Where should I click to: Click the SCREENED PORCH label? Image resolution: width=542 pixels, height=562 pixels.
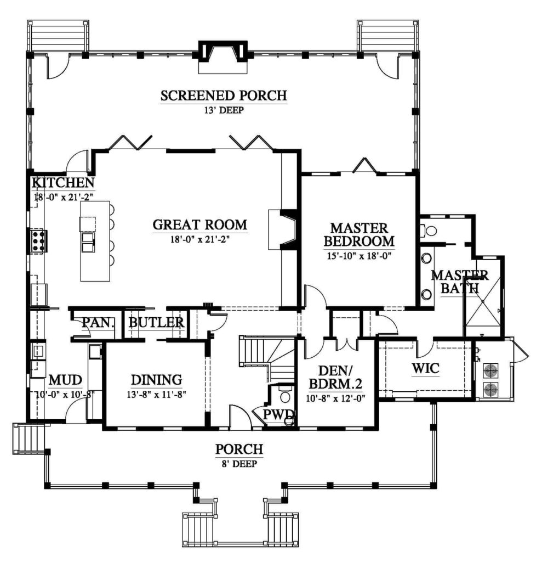tap(224, 95)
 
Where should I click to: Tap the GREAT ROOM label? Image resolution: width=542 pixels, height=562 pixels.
tap(199, 224)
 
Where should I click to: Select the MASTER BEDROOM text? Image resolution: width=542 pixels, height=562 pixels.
tap(359, 234)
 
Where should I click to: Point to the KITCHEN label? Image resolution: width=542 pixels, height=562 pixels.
tap(64, 182)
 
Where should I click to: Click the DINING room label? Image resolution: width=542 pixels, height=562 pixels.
tap(156, 380)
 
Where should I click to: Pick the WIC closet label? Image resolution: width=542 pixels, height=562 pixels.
tap(425, 368)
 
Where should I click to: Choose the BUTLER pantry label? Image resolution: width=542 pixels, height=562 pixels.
tap(156, 322)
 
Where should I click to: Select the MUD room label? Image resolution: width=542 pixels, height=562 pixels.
tap(66, 380)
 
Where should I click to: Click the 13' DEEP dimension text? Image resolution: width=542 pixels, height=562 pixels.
tap(224, 110)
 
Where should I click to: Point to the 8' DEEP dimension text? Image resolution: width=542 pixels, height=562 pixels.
tap(239, 463)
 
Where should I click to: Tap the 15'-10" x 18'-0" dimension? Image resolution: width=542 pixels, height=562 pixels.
tap(359, 255)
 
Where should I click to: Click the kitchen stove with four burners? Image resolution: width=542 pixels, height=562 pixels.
tap(38, 241)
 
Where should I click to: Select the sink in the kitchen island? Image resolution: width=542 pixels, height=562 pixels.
tap(88, 241)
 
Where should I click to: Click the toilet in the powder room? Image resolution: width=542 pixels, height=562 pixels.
tap(285, 396)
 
